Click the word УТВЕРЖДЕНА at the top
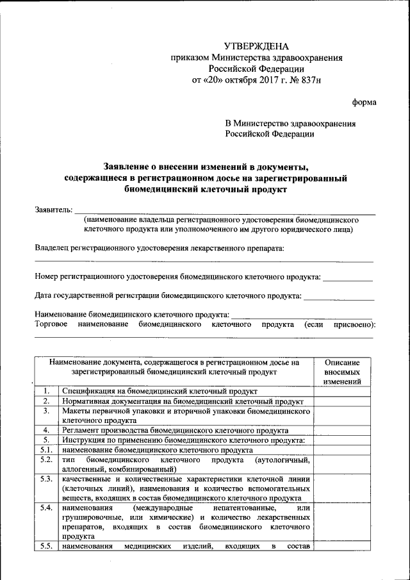(256, 46)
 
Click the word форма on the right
(365, 103)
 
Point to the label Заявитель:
(53, 211)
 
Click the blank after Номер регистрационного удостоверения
(347, 279)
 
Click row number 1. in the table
(46, 391)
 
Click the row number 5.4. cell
(46, 508)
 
